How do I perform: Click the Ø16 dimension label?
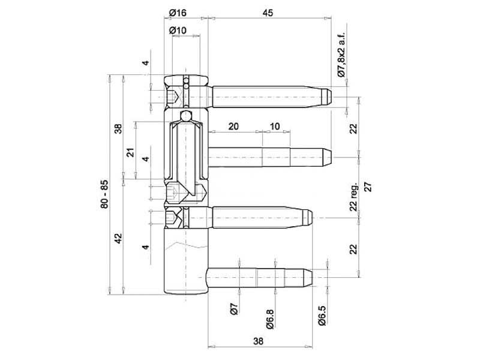(x=178, y=13)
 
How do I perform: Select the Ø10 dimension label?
(x=178, y=31)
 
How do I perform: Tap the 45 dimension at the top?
(x=268, y=13)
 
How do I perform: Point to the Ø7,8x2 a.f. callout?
(x=341, y=55)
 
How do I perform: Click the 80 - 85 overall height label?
(x=104, y=194)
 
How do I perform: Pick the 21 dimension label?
(x=131, y=152)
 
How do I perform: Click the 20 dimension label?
(x=233, y=126)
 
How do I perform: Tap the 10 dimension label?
(x=275, y=126)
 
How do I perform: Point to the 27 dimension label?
(x=368, y=187)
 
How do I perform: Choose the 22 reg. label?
(x=353, y=197)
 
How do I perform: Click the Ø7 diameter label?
(x=234, y=309)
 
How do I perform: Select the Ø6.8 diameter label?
(x=269, y=319)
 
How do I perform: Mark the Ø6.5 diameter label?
(x=322, y=316)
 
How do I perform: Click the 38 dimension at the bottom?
(x=258, y=341)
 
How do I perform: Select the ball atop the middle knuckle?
(x=185, y=116)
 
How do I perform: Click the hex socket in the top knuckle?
(x=173, y=97)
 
